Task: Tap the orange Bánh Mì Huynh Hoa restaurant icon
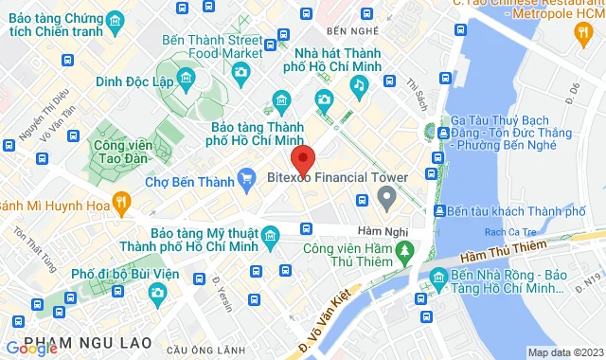[120, 201]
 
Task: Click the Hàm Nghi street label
[383, 231]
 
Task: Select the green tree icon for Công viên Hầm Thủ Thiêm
[404, 250]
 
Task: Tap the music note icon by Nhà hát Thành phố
[359, 86]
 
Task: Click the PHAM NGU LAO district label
[77, 341]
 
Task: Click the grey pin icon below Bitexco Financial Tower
[385, 199]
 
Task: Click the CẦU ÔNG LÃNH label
[197, 351]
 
